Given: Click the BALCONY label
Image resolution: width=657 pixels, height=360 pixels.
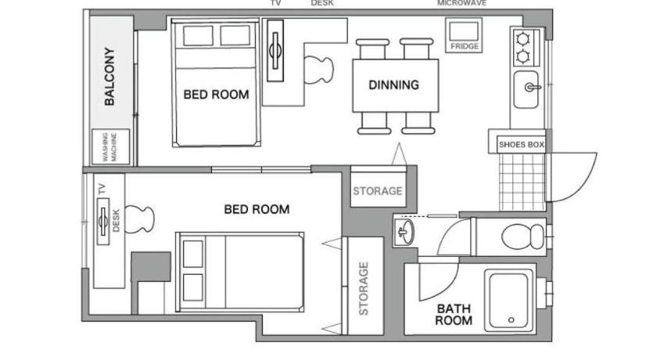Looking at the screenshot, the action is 109,76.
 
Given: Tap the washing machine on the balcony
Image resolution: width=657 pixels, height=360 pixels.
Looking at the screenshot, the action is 111,146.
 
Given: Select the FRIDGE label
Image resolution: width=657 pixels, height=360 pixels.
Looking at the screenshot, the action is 465,46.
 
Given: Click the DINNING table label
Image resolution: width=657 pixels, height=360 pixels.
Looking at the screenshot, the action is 394,85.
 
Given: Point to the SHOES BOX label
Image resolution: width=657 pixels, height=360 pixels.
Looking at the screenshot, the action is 521,145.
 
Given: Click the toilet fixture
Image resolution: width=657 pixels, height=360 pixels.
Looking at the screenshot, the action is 524,236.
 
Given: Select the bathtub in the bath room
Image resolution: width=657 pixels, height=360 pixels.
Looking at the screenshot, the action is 510,301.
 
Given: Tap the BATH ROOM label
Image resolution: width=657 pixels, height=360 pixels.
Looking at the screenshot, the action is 454,315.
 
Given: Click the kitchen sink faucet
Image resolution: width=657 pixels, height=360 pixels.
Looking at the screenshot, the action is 532,87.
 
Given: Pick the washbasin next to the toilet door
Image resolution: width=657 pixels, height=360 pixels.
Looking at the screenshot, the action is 404,232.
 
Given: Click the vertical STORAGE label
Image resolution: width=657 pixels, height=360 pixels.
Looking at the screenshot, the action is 363,288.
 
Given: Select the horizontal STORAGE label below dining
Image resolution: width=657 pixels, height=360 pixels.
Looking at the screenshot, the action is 378,191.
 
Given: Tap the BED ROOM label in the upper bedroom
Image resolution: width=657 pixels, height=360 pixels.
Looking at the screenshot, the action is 216,95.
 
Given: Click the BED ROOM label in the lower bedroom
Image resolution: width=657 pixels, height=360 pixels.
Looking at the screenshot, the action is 257,209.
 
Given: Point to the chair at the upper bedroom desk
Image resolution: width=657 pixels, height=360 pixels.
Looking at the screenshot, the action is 318,70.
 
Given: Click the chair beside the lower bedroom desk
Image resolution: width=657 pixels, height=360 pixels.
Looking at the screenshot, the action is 140,219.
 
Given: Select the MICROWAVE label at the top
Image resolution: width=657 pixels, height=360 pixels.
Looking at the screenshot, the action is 461,3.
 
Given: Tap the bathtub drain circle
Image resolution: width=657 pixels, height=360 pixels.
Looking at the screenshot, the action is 512,320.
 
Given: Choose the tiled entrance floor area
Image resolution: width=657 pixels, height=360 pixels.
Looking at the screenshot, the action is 522,182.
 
